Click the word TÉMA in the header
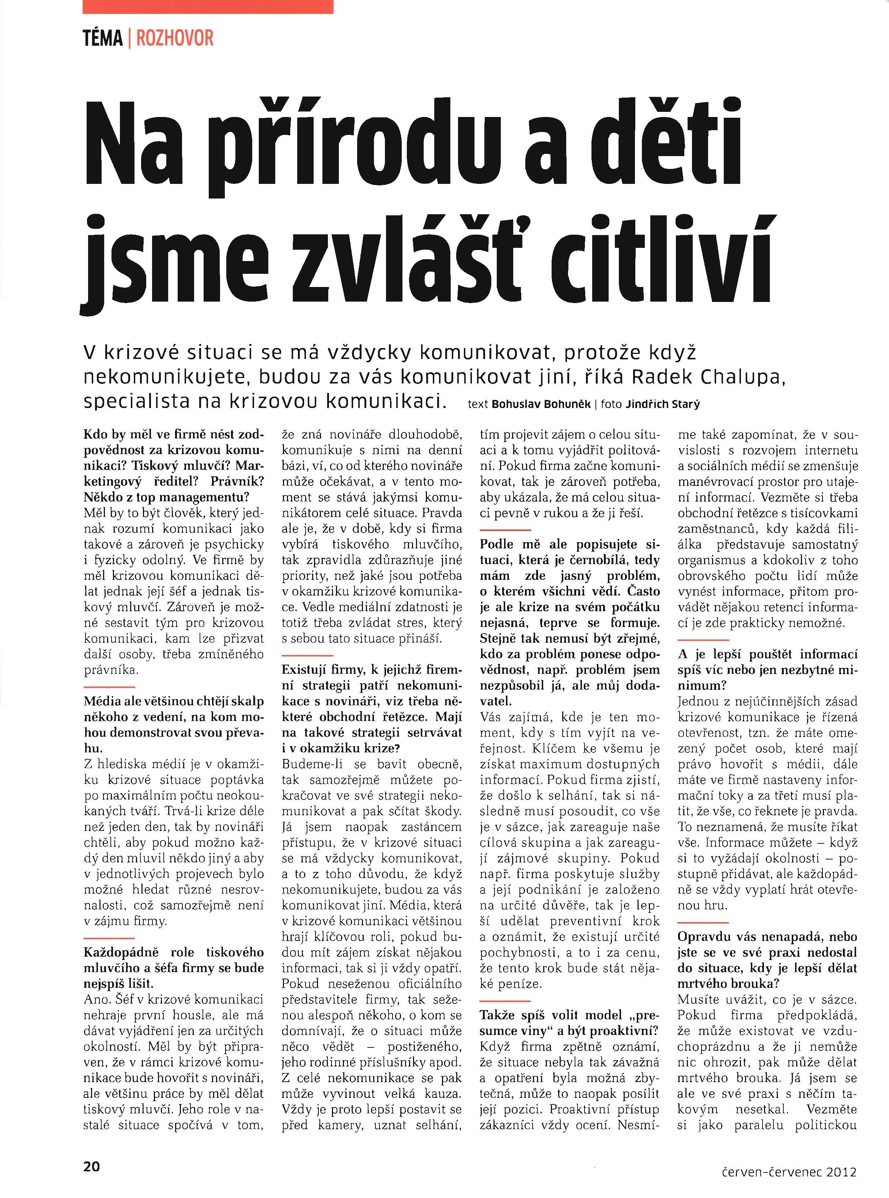pos(103,39)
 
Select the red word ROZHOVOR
pos(175,39)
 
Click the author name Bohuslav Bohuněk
pos(541,404)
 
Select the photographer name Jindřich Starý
pos(663,404)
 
